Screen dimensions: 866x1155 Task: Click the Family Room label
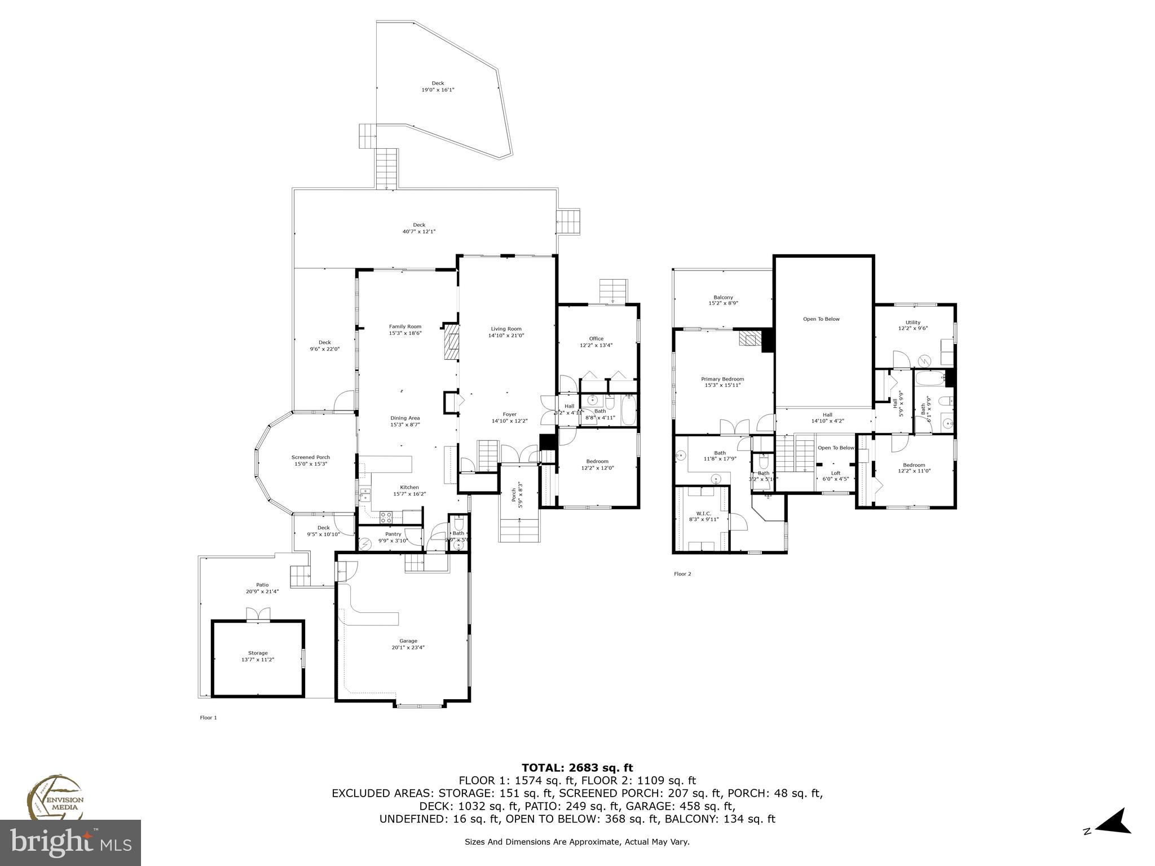tap(405, 326)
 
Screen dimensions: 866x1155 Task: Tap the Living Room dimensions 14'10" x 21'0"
tap(506, 335)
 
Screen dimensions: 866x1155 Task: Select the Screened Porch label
tap(310, 457)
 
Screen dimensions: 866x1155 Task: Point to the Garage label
tap(408, 640)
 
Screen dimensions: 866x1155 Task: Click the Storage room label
tap(258, 653)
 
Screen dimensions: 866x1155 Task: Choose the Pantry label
tap(393, 534)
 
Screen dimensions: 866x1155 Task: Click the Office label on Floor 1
tap(596, 339)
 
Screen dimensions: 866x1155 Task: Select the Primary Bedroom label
tap(722, 379)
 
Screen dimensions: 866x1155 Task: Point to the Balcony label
tap(723, 297)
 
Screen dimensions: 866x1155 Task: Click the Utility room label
tap(912, 322)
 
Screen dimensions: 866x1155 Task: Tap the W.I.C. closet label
tap(703, 513)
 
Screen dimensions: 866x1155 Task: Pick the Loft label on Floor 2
tap(835, 473)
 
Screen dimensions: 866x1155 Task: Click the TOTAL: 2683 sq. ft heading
tap(577, 767)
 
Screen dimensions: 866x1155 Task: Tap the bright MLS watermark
tap(70, 842)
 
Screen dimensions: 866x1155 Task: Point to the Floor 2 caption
tap(682, 574)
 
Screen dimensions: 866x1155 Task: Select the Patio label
tap(262, 585)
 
